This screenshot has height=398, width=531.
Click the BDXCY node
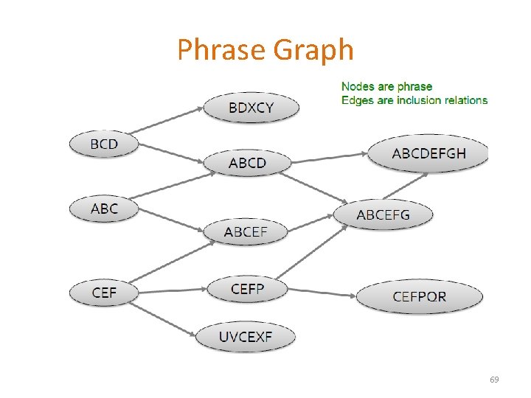[x=251, y=108]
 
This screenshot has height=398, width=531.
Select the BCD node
[x=104, y=144]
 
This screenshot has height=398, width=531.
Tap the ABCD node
[x=247, y=162]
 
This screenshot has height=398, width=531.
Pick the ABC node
[x=104, y=209]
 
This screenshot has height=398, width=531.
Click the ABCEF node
[x=246, y=232]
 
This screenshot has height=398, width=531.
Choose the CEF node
[x=104, y=293]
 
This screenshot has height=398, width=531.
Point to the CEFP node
[x=247, y=289]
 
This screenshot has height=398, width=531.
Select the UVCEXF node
[x=246, y=338]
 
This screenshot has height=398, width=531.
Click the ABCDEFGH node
[x=429, y=153]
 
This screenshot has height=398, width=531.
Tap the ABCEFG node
[x=383, y=214]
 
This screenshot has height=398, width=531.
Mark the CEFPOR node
[x=420, y=297]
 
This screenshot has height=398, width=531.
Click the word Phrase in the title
[x=221, y=50]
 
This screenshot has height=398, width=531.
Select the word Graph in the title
[x=313, y=50]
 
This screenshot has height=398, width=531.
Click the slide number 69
[x=494, y=380]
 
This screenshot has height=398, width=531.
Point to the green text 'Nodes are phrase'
[x=386, y=87]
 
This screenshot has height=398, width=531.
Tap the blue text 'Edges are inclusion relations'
[x=414, y=100]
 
